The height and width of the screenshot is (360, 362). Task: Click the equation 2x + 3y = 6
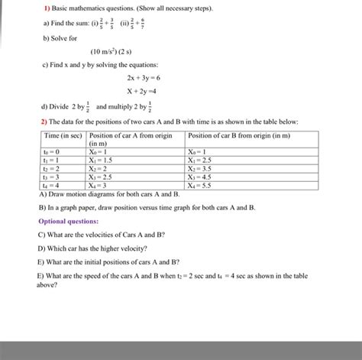pyautogui.click(x=143, y=78)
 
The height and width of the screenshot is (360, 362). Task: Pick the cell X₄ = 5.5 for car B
pyautogui.click(x=201, y=185)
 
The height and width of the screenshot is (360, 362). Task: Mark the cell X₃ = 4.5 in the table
pyautogui.click(x=201, y=177)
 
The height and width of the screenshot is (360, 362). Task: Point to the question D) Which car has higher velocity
pyautogui.click(x=92, y=248)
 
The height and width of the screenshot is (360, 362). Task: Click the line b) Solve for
pyautogui.click(x=58, y=37)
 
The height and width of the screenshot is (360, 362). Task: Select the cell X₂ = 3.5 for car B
pyautogui.click(x=201, y=169)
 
